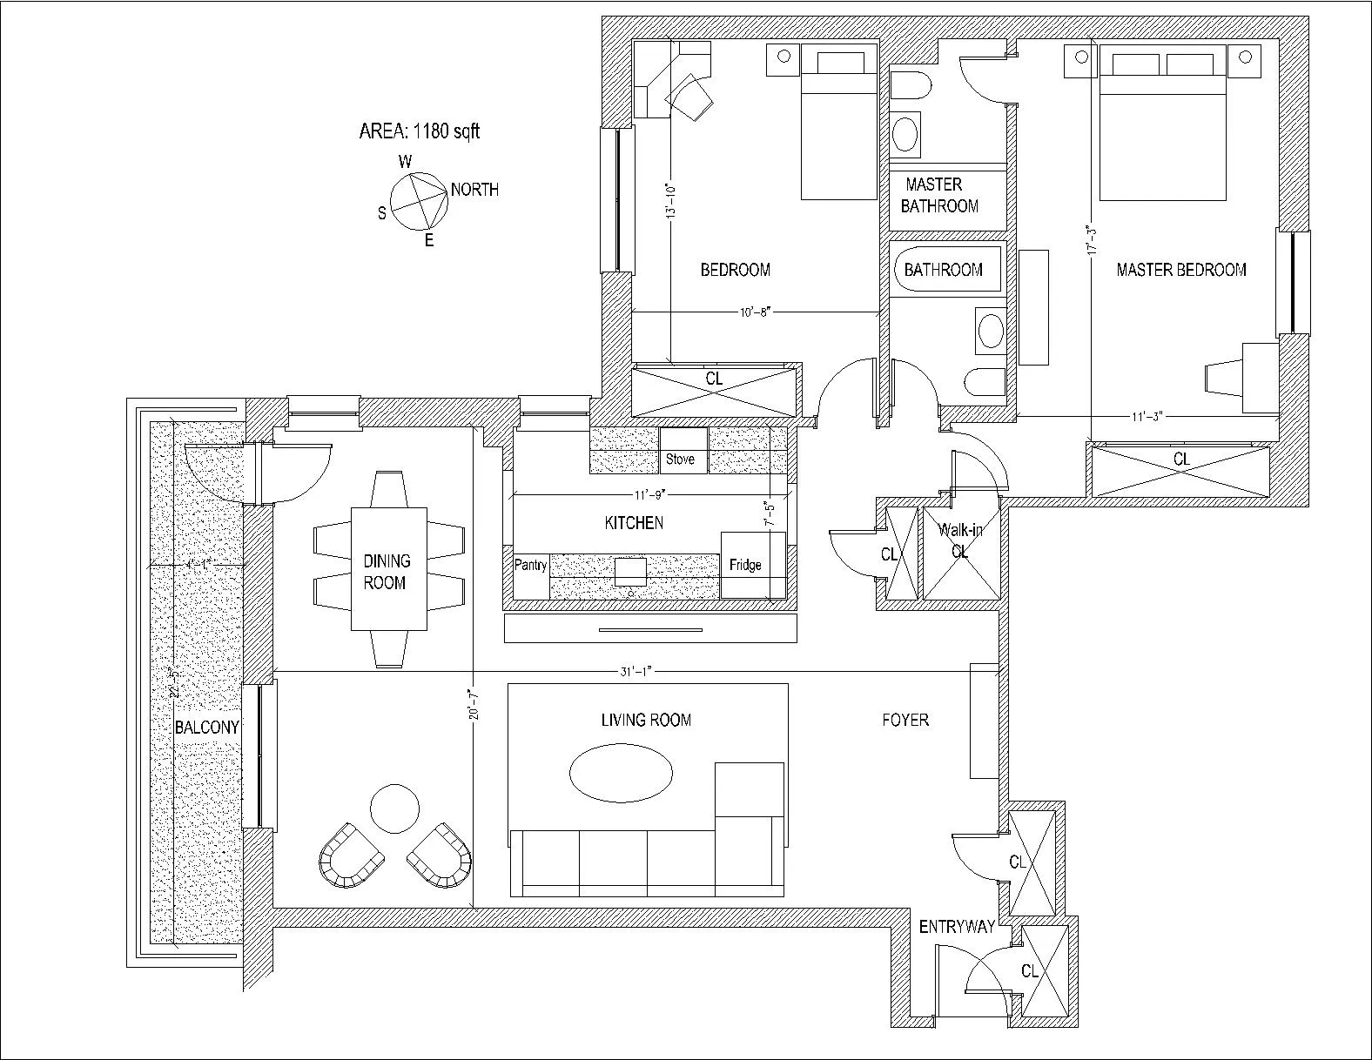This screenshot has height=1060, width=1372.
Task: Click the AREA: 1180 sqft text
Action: tap(419, 131)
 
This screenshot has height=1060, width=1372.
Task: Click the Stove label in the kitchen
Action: tap(680, 459)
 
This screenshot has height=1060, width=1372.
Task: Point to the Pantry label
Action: tap(530, 566)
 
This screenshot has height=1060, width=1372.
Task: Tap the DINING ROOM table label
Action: tap(387, 572)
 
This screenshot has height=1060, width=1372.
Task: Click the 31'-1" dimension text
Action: tap(636, 672)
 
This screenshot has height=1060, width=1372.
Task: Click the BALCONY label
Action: tap(206, 728)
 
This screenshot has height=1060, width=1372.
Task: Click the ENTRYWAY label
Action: tap(957, 928)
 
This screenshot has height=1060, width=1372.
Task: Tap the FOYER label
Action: tap(905, 720)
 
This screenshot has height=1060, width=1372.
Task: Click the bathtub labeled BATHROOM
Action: tap(944, 270)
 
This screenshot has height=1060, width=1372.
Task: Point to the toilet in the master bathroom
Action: tap(911, 87)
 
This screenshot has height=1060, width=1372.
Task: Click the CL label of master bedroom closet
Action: tap(1181, 459)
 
